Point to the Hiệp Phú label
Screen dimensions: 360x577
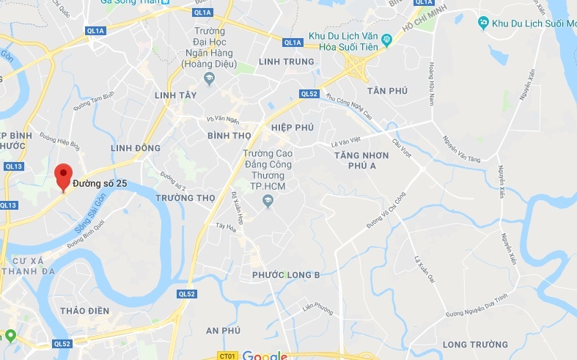pos(292,128)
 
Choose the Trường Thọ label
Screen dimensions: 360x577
pos(185,198)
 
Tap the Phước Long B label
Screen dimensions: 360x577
pos(285,275)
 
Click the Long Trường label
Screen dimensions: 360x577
pos(475,344)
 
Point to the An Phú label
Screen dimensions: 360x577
pos(223,331)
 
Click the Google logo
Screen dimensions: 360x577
pos(265,355)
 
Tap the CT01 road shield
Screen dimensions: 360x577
pos(227,356)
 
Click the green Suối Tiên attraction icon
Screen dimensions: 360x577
pos(386,39)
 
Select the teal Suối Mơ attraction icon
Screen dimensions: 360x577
pos(483,23)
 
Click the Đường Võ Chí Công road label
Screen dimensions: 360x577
pos(386,210)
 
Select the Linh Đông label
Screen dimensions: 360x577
pos(135,148)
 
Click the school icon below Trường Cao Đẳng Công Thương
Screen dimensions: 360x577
pos(268,201)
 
